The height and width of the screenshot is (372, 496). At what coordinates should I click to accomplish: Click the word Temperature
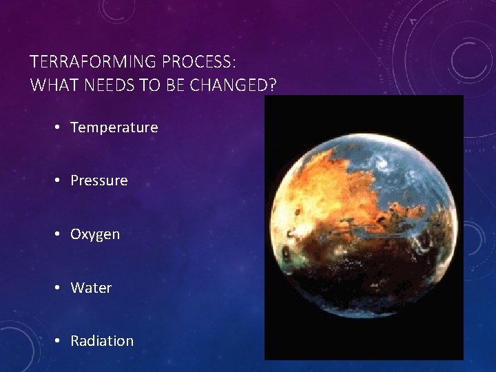click(114, 127)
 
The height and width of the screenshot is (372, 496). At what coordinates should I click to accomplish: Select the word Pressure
click(99, 180)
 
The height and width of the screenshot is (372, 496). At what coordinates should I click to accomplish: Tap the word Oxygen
click(95, 234)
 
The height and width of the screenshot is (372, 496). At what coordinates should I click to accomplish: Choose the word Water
click(91, 287)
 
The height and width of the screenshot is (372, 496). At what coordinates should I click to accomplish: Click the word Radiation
click(102, 341)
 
